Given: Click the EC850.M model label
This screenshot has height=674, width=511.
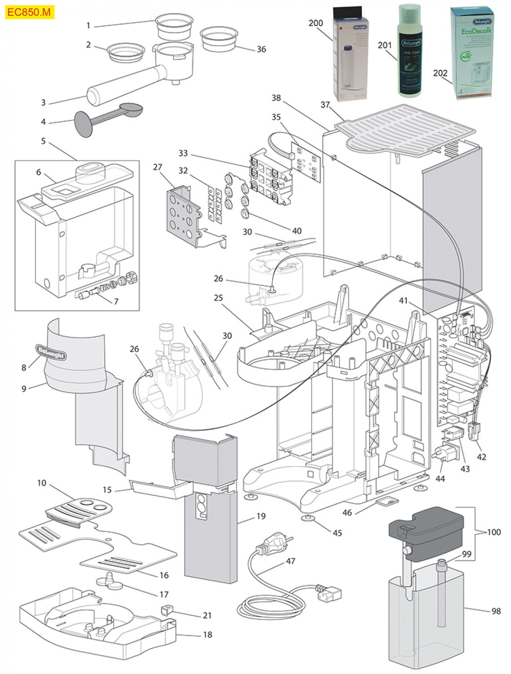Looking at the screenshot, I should point(29,13).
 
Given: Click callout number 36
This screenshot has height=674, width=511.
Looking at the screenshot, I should point(261,49).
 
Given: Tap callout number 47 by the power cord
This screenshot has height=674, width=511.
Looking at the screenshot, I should point(291,561).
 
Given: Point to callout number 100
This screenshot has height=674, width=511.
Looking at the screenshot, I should point(493,532).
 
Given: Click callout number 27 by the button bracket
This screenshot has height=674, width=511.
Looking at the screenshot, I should point(157,167).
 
